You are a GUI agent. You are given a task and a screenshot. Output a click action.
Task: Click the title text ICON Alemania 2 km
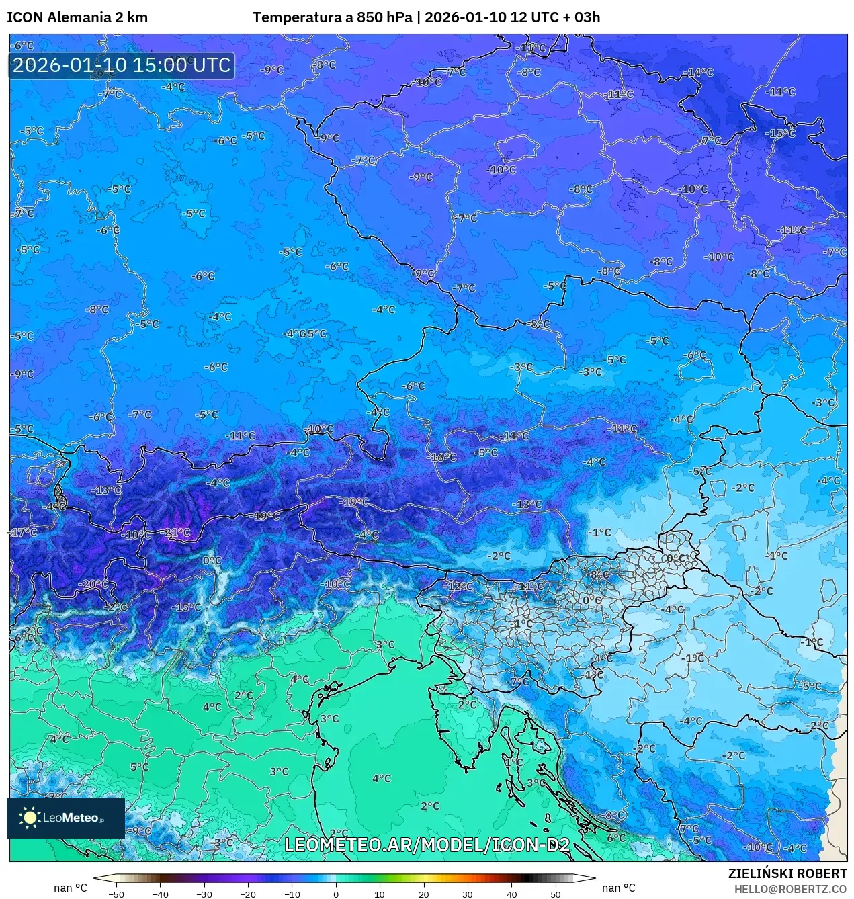coord(77,17)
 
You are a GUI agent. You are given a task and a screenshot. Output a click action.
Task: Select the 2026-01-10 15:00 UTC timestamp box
coord(122,65)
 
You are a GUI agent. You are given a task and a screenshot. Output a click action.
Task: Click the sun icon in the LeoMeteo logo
coord(30,817)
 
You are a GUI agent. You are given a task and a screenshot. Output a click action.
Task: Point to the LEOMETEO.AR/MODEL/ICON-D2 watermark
coord(427,845)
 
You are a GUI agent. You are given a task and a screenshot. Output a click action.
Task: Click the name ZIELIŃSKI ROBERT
coord(787,873)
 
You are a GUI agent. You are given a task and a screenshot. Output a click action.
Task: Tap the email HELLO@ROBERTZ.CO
coord(790,889)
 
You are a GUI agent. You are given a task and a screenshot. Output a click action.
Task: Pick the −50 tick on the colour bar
coord(116,894)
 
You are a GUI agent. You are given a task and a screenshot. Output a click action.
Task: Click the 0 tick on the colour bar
coord(336,894)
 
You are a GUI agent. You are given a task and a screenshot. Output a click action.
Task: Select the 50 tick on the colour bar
coord(556,894)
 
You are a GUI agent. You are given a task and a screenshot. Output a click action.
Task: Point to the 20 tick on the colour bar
coord(424,894)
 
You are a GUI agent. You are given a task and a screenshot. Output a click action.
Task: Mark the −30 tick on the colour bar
coord(204,894)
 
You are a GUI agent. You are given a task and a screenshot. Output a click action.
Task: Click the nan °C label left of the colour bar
coord(71,888)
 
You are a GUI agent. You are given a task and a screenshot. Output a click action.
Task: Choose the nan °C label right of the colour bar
coord(618,888)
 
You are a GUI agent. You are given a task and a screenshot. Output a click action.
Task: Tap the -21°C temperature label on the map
coord(177,533)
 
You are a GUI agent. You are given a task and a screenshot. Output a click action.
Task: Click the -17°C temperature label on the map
coord(24,532)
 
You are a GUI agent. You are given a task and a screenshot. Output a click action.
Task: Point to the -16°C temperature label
coord(442,457)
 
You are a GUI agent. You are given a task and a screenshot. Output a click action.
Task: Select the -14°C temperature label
coord(699,73)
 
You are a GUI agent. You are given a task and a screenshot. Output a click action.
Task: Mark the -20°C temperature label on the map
coord(93,584)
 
